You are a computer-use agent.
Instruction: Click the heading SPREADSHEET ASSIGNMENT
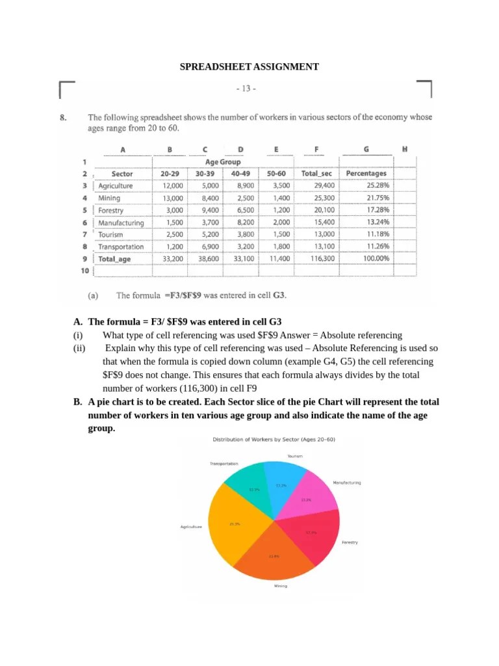click(x=249, y=66)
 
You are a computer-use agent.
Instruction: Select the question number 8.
click(x=63, y=118)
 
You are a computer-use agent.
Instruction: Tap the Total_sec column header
click(x=316, y=174)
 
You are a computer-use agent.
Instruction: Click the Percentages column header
click(x=366, y=174)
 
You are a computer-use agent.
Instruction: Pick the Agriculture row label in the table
click(x=115, y=186)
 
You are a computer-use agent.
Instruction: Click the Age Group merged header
click(x=223, y=162)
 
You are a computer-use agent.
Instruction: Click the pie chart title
click(x=274, y=440)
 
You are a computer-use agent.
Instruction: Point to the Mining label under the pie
click(x=281, y=586)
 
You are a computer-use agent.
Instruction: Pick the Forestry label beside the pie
click(x=350, y=542)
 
